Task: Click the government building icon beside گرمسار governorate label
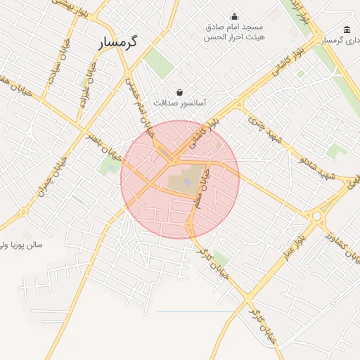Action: [x=347, y=30]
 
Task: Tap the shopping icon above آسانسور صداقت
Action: [x=180, y=92]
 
